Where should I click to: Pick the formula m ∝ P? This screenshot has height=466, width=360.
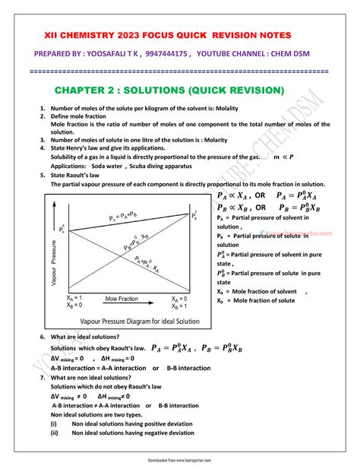pyautogui.click(x=284, y=157)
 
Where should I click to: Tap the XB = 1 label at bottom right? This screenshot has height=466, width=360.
pyautogui.click(x=181, y=307)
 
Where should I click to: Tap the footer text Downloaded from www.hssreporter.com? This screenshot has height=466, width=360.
pyautogui.click(x=180, y=461)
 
